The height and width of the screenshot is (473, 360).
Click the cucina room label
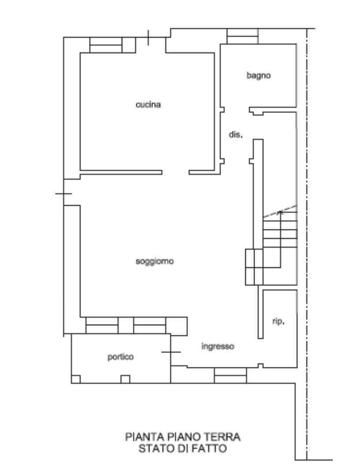[148, 105]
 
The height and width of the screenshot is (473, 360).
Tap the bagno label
[259, 75]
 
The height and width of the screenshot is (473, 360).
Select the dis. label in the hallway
[236, 135]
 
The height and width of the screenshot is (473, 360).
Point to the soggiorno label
[155, 261]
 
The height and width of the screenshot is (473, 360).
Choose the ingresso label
[217, 346]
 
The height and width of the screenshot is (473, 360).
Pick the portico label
[120, 357]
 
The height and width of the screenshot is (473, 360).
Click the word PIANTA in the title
[145, 437]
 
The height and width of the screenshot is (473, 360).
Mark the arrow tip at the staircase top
[281, 211]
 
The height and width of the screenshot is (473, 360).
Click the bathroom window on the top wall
[242, 36]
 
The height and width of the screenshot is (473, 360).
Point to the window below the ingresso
[230, 375]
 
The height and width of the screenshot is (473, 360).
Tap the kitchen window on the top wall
[106, 45]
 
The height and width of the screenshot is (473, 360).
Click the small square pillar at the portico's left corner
[76, 379]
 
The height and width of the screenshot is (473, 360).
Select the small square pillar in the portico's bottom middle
[125, 379]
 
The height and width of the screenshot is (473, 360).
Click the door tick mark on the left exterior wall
[64, 194]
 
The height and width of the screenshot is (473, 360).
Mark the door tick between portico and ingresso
[171, 352]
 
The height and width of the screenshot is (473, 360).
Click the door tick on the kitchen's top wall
[148, 38]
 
